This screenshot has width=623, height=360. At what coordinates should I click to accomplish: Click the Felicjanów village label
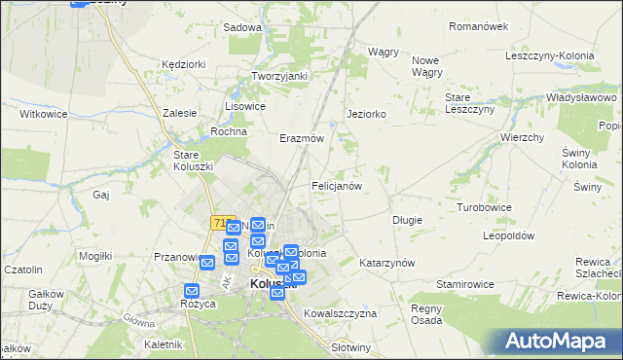tap(337, 185)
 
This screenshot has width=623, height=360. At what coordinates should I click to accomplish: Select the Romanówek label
tap(477, 27)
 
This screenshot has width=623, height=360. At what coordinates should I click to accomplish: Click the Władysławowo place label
tap(582, 98)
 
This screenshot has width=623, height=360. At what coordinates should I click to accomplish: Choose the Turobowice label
tap(485, 208)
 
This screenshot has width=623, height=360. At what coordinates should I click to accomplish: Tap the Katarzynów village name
tap(387, 264)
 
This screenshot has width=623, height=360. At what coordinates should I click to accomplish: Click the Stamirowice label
tap(467, 284)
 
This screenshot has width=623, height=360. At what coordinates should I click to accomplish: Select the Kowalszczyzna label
tap(340, 314)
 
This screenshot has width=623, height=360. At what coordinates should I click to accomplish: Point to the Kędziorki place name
tap(184, 64)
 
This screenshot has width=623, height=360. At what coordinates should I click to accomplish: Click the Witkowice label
tap(43, 114)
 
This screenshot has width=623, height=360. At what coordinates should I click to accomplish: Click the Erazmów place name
tap(302, 139)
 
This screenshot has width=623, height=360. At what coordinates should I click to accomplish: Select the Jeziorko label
tap(367, 114)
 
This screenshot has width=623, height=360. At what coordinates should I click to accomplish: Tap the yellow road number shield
tap(217, 223)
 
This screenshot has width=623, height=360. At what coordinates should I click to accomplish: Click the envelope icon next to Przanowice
tap(207, 263)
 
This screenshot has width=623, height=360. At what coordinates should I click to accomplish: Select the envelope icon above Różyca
tap(192, 291)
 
